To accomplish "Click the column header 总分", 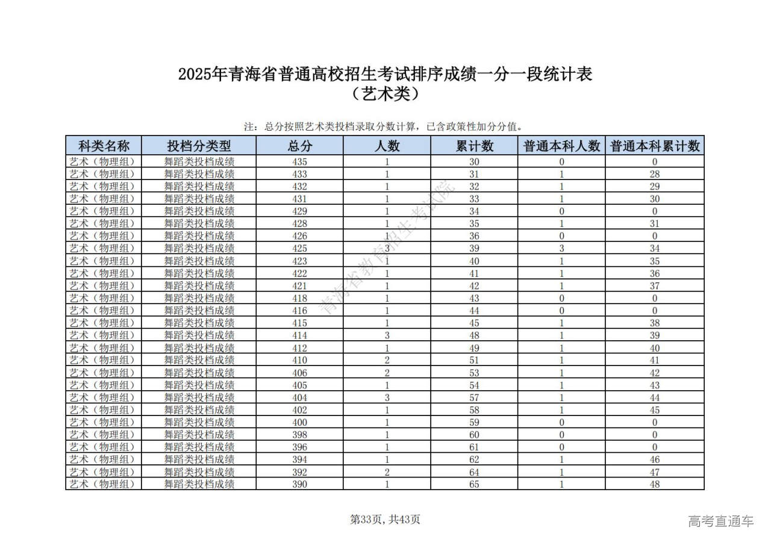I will (299, 146).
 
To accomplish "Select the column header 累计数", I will (474, 146).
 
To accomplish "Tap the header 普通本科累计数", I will (655, 146).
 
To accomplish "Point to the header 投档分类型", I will (199, 146).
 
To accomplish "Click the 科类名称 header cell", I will (104, 146).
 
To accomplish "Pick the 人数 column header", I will (387, 146).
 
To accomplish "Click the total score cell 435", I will (299, 161).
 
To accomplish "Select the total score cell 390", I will (299, 484).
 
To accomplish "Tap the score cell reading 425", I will (299, 248).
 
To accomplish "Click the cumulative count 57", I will (474, 397).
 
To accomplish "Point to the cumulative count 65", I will (474, 484).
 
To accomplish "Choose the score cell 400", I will (299, 422).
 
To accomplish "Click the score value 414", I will (299, 335).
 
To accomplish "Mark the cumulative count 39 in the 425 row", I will (474, 248).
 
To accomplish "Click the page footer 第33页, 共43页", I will (385, 520).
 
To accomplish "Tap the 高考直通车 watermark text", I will (720, 521).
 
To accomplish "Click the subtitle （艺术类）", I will (385, 95).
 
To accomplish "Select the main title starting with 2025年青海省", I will (385, 75).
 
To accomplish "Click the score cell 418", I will (299, 298).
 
